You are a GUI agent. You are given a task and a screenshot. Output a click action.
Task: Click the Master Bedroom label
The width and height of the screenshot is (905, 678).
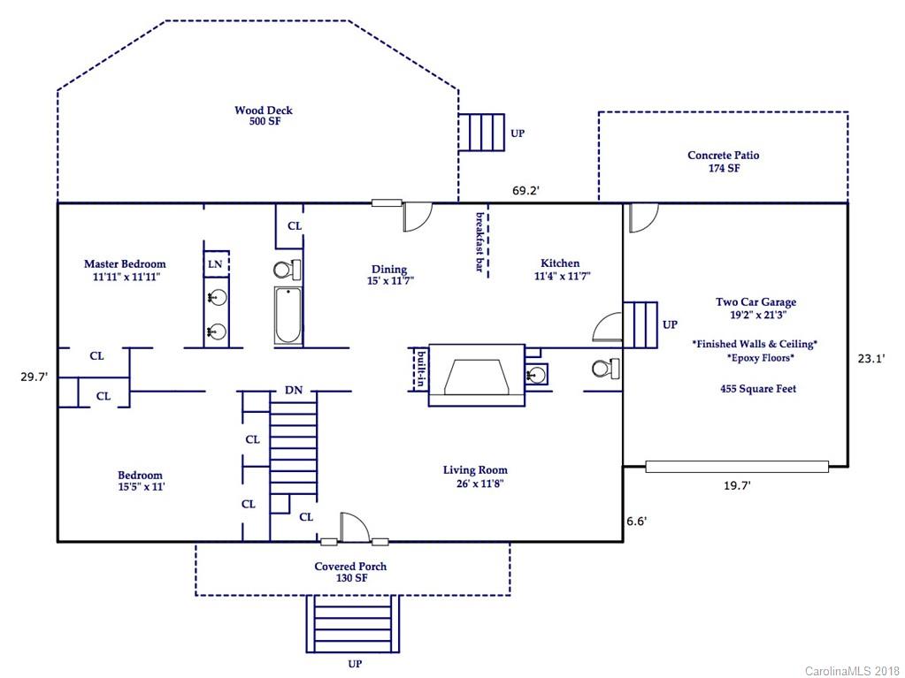coord(126,264)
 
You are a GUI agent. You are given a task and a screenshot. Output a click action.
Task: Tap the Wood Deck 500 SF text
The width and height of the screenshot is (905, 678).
coord(264,115)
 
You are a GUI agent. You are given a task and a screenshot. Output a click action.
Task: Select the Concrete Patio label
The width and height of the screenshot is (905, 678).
coord(723,155)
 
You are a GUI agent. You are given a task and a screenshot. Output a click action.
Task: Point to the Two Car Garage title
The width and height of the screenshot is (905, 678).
coord(756,302)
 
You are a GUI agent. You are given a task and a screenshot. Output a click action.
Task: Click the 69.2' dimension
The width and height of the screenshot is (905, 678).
coord(525,190)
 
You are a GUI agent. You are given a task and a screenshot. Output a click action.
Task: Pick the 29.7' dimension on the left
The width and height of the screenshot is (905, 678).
coord(34,377)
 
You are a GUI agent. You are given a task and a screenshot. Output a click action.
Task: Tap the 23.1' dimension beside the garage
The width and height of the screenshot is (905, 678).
coord(871,359)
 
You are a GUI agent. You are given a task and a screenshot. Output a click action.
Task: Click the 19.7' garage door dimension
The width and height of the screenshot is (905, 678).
coord(737,485)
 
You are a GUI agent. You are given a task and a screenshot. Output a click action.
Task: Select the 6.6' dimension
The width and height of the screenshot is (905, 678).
coord(637,522)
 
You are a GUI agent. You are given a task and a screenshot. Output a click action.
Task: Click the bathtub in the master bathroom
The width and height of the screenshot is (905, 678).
coord(288,315)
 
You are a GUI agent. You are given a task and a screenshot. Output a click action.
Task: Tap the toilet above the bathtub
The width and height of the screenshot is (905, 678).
coord(287,270)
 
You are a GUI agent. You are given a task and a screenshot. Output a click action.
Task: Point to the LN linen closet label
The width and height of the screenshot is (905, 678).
coord(215,264)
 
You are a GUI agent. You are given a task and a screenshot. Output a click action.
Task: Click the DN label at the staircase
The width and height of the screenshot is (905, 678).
coord(294,391)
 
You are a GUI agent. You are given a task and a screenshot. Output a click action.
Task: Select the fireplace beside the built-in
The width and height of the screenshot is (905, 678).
coord(477,376)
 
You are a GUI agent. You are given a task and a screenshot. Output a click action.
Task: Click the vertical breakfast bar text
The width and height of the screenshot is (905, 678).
coord(479,241)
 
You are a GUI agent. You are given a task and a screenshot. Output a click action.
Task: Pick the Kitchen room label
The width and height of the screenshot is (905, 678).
coord(560,263)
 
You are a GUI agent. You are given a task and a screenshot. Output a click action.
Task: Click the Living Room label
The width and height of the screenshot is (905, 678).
coord(475,470)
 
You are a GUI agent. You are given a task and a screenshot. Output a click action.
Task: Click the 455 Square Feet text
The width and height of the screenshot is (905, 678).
coord(758,389)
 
